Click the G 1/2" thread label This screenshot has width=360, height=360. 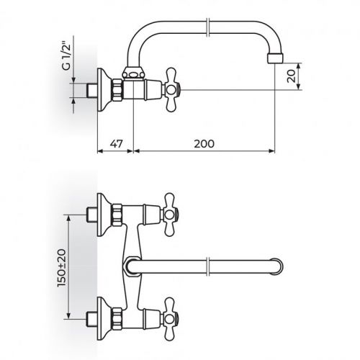[67, 56]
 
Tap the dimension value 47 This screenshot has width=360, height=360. [117, 143]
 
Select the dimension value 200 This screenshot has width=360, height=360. [204, 143]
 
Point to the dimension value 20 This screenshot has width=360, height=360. [291, 76]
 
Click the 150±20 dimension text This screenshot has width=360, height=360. [61, 268]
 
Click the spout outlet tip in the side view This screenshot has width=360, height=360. [276, 58]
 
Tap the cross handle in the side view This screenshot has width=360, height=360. [172, 90]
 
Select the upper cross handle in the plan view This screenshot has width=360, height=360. [171, 215]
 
